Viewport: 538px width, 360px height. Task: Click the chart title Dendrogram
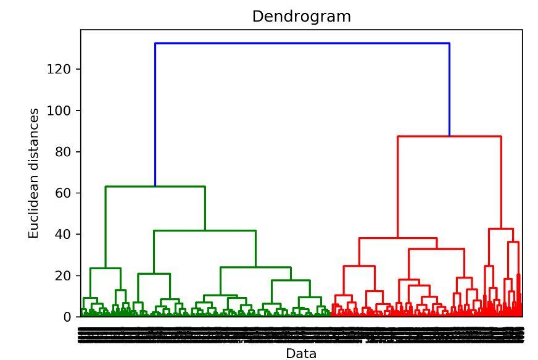click(301, 17)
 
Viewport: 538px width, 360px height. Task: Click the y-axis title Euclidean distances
click(35, 173)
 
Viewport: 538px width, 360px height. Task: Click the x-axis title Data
click(301, 353)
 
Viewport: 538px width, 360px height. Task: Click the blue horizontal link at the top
click(302, 43)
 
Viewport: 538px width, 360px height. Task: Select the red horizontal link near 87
click(449, 136)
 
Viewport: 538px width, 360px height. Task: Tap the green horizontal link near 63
click(155, 186)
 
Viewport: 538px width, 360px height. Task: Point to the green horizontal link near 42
click(204, 231)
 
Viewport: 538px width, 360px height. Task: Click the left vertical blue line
click(155, 114)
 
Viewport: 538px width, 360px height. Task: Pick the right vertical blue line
click(449, 90)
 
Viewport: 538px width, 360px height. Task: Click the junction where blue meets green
click(155, 186)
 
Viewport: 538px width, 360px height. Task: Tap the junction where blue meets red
click(449, 136)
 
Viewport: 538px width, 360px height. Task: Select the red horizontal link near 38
click(398, 238)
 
